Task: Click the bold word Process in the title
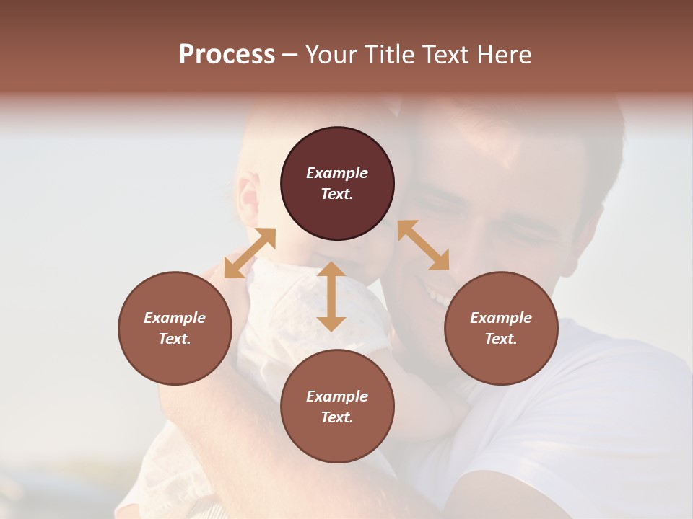click(x=227, y=55)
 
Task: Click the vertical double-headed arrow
click(x=331, y=296)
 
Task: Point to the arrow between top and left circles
click(x=250, y=252)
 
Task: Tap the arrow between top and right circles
click(x=423, y=245)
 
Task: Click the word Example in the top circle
click(x=337, y=173)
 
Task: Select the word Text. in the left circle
click(x=175, y=339)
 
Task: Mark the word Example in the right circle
click(x=501, y=318)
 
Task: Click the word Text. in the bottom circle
click(x=337, y=417)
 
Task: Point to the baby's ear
click(x=250, y=199)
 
